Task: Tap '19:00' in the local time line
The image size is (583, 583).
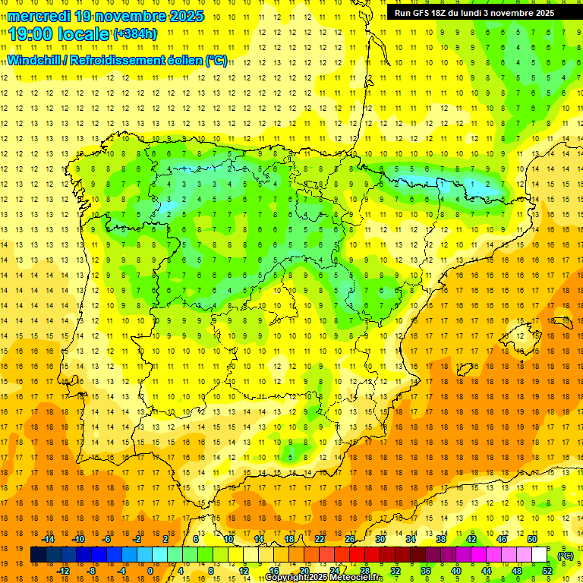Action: point(31,34)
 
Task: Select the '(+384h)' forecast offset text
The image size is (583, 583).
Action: point(135,34)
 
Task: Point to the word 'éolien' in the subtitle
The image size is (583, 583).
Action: point(181,61)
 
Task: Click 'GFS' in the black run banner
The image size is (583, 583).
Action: point(422,13)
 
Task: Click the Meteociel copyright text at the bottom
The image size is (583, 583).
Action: point(324,578)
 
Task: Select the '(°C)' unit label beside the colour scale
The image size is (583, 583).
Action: point(565,556)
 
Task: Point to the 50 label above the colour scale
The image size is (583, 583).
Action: point(531,539)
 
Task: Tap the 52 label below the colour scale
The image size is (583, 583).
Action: point(547,571)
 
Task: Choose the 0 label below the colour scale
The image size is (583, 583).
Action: point(151,571)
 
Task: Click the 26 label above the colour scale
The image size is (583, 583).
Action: point(350,539)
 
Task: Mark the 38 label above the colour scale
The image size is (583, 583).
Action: point(440,539)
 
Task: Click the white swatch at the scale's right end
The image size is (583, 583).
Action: point(539,555)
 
